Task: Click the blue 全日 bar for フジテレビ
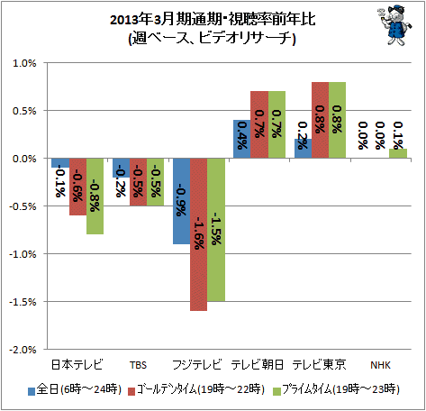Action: point(181,201)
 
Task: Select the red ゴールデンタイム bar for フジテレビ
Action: point(198,234)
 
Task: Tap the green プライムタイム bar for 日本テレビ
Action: point(95,196)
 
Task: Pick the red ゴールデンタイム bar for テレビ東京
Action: point(320,120)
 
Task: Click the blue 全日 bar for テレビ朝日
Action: point(242,139)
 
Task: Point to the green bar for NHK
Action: point(398,153)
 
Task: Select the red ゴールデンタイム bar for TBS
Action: point(138,182)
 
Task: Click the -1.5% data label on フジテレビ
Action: point(216,229)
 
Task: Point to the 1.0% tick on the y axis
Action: point(24,63)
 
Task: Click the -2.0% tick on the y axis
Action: point(23,350)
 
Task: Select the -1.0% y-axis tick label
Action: point(23,254)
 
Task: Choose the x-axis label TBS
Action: point(138,365)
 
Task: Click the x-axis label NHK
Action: point(380,365)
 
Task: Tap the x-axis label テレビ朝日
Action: point(258,365)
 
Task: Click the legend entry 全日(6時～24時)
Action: point(75,389)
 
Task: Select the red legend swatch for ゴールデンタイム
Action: point(131,391)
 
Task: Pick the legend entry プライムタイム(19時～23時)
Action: point(336,389)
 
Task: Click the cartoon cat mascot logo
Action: point(394,25)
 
